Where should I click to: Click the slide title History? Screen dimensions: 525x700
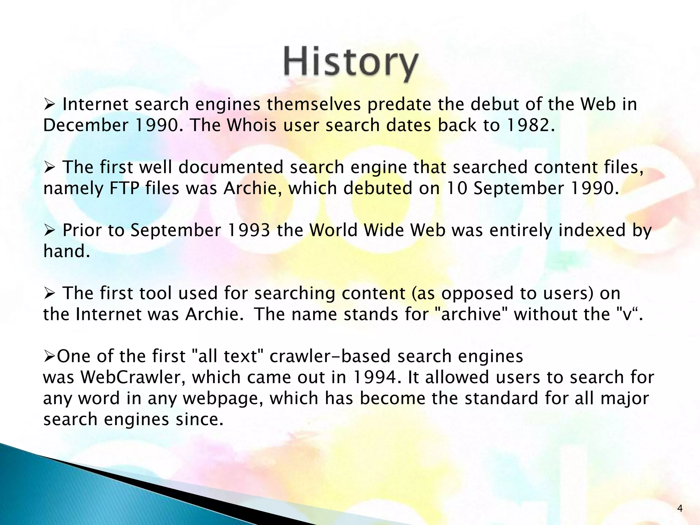(351, 64)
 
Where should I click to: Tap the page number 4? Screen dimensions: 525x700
(679, 509)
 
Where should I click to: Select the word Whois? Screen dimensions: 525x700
(252, 125)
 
